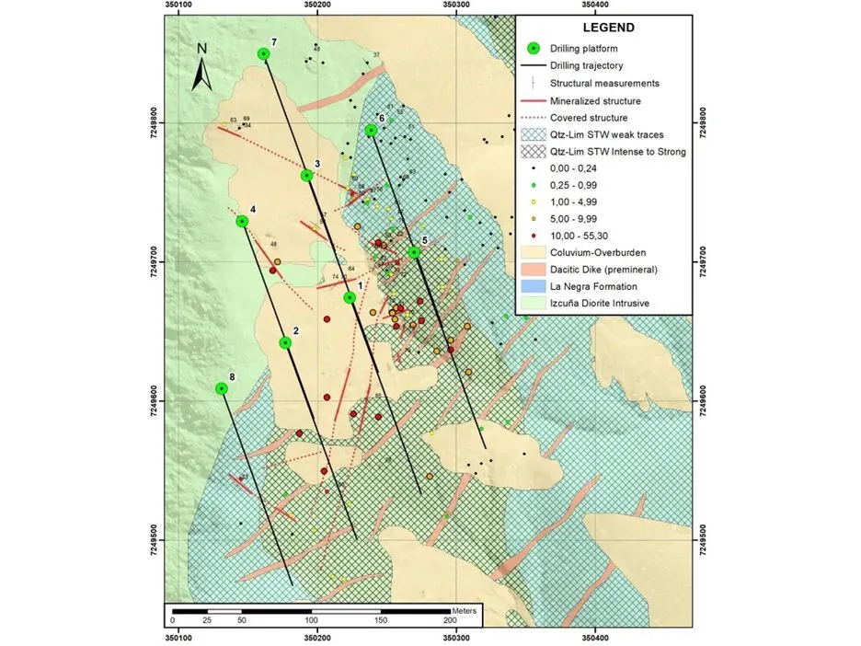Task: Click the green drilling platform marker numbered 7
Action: point(265,53)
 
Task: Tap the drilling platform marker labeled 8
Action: point(222,388)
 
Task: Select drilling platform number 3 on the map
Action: point(307,175)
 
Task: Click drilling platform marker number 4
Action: point(243,221)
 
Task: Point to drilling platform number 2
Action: point(286,342)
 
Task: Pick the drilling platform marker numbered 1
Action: point(350,297)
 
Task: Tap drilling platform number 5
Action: point(415,251)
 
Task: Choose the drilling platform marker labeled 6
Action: point(372,130)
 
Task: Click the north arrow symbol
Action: point(202,68)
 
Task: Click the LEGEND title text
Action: point(602,28)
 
